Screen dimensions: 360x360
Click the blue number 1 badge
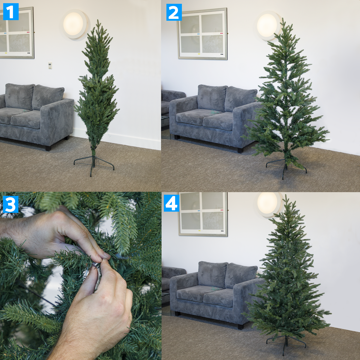[x=11, y=12]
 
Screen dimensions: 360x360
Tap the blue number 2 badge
[x=174, y=13]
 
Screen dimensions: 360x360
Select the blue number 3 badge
[x=11, y=205]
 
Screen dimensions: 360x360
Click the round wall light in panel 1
[x=74, y=24]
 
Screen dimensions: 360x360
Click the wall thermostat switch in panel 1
[x=50, y=65]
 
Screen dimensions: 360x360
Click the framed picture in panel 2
[x=202, y=34]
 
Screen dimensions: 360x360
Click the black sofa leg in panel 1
[x=48, y=148]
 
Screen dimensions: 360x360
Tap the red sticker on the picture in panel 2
[x=221, y=33]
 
